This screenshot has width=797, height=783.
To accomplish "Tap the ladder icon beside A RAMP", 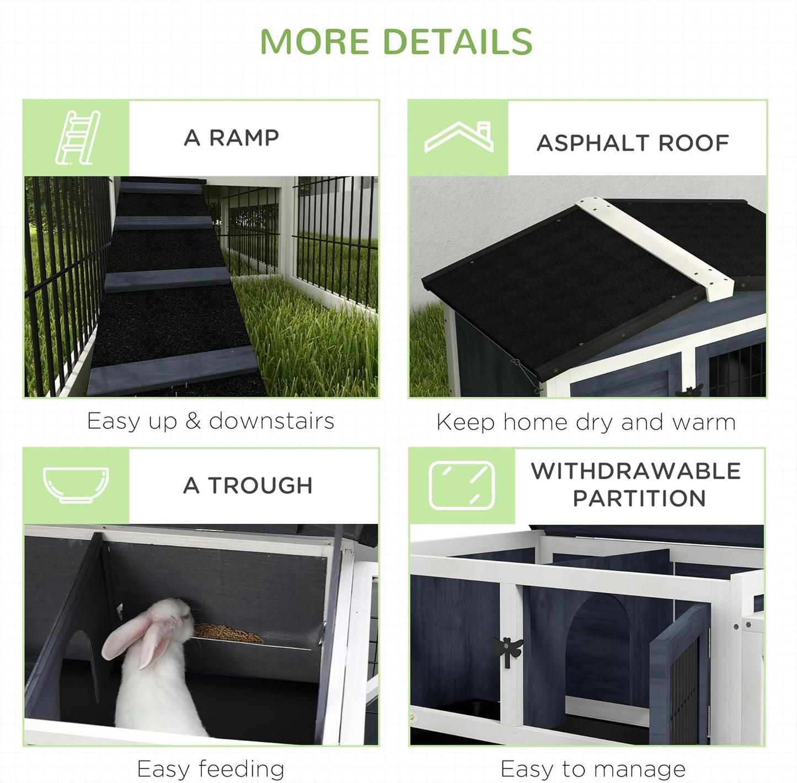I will [x=78, y=137].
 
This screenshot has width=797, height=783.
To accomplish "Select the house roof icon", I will [x=459, y=137].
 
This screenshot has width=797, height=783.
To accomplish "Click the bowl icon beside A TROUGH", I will [x=76, y=485].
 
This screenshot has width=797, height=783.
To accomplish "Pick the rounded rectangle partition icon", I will [x=462, y=485].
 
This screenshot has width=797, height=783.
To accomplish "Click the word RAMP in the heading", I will [x=244, y=138].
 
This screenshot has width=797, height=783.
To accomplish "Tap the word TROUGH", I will [x=260, y=486].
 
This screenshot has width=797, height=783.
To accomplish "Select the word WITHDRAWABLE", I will [x=635, y=471].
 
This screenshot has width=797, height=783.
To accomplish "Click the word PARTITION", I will [x=639, y=498].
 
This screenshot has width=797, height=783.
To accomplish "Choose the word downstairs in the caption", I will [x=271, y=421].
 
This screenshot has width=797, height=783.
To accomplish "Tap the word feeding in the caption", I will [x=242, y=769].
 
